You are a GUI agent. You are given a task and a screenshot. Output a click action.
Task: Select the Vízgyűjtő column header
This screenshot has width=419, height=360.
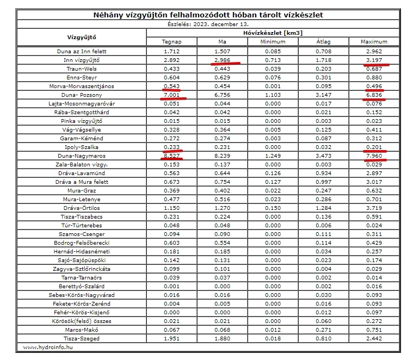pos(82,37)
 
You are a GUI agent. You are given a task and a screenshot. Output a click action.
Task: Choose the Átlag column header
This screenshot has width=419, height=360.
pos(324,41)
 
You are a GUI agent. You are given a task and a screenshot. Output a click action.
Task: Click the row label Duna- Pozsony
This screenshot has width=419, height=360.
pos(82,95)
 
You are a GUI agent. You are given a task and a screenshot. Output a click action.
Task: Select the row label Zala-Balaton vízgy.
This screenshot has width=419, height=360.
pos(82,164)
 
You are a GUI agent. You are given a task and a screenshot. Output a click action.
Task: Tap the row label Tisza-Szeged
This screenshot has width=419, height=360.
pos(82,338)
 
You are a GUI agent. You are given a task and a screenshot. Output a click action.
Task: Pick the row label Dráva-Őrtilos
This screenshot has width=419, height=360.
pos(82,208)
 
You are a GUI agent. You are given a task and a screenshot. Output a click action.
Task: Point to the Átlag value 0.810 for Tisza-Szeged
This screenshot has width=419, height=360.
pos(324,338)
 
